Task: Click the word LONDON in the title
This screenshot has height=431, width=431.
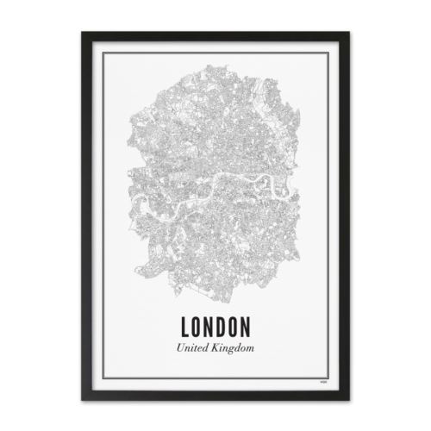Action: tap(215, 328)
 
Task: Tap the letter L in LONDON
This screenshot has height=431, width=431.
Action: tap(187, 328)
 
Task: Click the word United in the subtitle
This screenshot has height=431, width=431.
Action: tap(193, 347)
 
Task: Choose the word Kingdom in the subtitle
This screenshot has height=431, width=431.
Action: tap(234, 348)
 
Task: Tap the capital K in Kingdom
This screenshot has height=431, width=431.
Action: tap(217, 347)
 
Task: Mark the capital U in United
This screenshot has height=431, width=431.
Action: tap(178, 347)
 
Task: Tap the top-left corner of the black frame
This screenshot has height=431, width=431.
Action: tap(83, 33)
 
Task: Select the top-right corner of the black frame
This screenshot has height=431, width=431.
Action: tap(348, 33)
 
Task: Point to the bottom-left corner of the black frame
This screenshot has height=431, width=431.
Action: tap(83, 400)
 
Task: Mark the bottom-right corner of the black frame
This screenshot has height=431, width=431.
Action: tap(348, 400)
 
